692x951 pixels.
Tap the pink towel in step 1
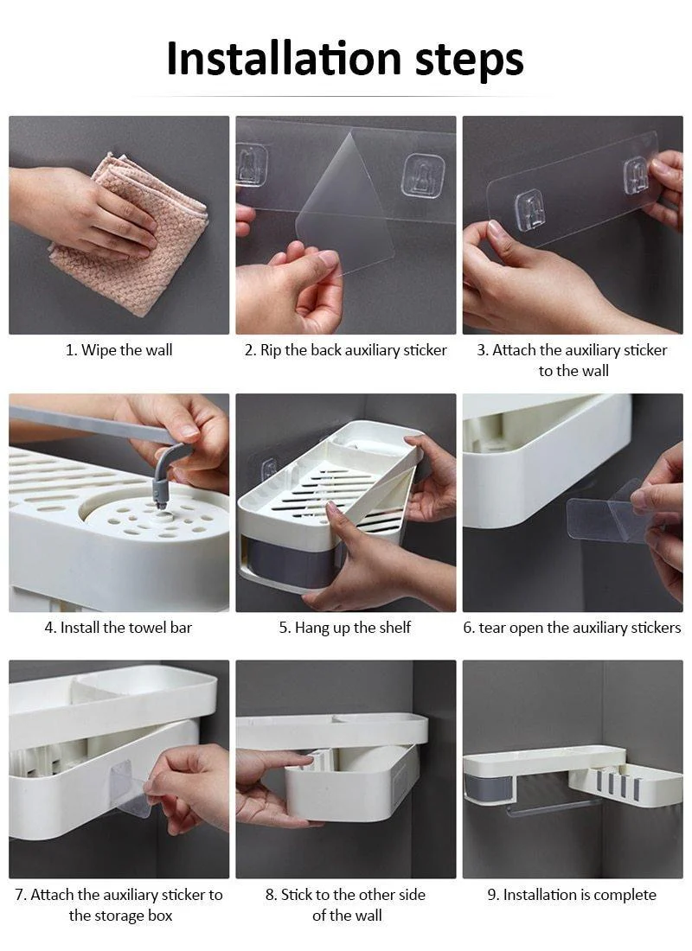click(130, 233)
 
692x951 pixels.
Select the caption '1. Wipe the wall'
click(119, 350)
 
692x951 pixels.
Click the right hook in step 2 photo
click(423, 173)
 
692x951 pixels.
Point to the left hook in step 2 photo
click(252, 164)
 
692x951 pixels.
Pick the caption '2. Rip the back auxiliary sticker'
click(345, 350)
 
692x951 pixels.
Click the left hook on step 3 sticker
click(529, 209)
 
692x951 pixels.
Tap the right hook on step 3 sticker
click(637, 175)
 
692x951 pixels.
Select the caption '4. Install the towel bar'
click(119, 628)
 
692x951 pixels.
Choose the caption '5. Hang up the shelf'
click(345, 628)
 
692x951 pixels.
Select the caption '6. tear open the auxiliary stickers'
click(572, 628)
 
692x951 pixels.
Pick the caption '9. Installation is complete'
click(572, 895)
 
